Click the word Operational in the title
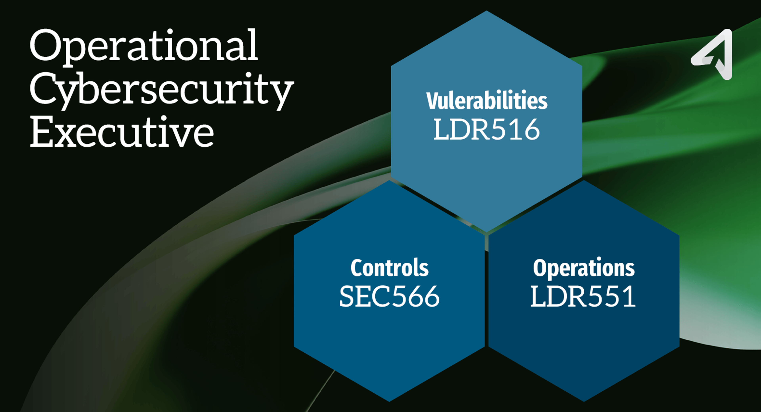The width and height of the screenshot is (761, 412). coord(144,46)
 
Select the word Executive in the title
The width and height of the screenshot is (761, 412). coord(122,132)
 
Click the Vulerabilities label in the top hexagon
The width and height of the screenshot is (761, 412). coord(487,101)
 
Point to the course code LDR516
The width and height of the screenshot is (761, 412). coord(487,129)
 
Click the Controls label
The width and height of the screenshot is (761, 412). coord(389,268)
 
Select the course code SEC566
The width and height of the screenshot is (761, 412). coord(389,296)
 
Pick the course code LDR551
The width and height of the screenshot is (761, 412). coord(583,296)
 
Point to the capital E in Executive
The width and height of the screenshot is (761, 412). coord(42,132)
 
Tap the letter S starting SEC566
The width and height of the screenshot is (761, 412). coord(347,296)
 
